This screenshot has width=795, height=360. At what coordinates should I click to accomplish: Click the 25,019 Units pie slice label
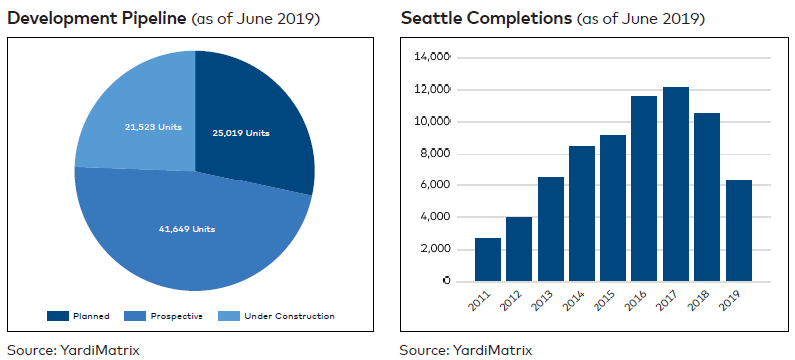pyautogui.click(x=242, y=133)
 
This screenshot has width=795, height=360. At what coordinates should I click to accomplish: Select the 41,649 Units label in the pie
pyautogui.click(x=187, y=229)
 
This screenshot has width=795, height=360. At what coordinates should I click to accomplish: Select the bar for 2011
pyautogui.click(x=488, y=259)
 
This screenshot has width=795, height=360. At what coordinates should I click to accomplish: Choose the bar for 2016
pyautogui.click(x=645, y=188)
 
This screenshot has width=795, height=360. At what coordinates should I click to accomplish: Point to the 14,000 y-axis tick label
pyautogui.click(x=432, y=58)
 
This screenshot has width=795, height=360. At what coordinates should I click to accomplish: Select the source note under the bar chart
pyautogui.click(x=466, y=349)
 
